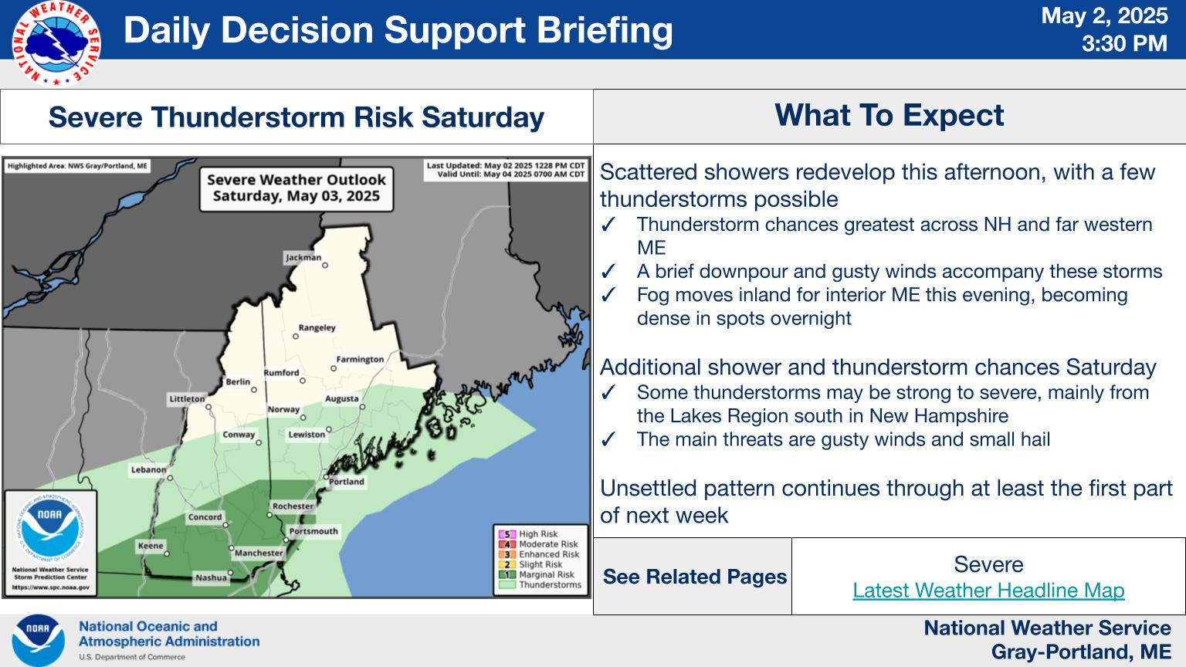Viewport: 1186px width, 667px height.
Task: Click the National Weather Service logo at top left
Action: point(56,43)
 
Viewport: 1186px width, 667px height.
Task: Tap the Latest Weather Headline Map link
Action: point(988,591)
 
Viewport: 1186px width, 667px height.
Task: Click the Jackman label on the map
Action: point(303,257)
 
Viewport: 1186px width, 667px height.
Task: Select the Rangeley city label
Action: point(317,327)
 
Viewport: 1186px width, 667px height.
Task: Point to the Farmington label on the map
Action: point(360,360)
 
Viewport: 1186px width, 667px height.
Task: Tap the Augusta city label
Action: point(341,398)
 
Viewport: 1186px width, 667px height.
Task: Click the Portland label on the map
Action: point(347,482)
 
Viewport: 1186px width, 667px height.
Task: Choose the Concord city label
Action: point(205,517)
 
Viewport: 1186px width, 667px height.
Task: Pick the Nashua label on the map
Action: point(212,577)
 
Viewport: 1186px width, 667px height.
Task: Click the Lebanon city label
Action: point(149,469)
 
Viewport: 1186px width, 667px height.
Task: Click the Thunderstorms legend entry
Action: point(540,585)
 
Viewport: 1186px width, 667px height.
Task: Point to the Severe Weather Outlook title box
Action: point(296,189)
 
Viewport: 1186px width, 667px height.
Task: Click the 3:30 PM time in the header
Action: point(1124,43)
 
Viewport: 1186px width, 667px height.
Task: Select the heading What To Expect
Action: point(889,115)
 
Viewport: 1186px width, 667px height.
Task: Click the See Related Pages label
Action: point(695,577)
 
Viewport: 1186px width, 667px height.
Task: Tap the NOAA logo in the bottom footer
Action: point(38,640)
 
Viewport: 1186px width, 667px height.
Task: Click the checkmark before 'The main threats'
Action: point(608,439)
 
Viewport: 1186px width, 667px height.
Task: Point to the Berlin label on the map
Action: point(238,381)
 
